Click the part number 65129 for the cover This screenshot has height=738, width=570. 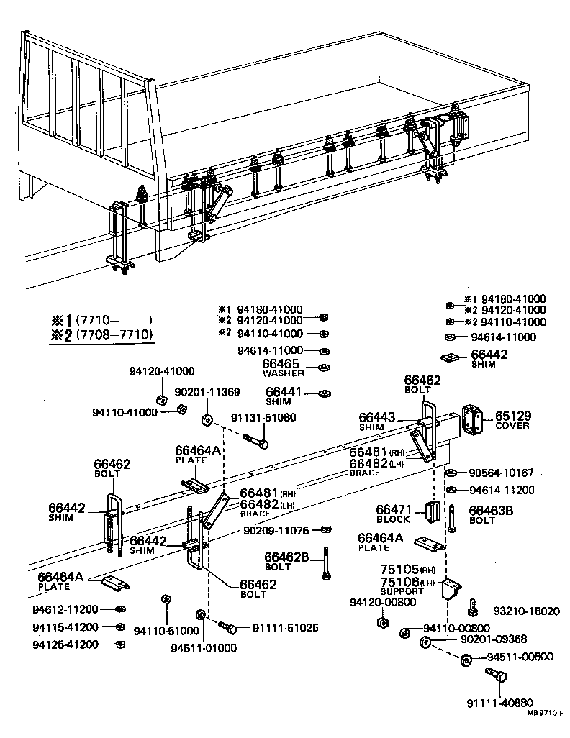point(511,415)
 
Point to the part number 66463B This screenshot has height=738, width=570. point(491,510)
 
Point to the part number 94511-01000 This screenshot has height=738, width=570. point(203,647)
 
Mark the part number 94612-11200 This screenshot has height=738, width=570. point(65,609)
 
